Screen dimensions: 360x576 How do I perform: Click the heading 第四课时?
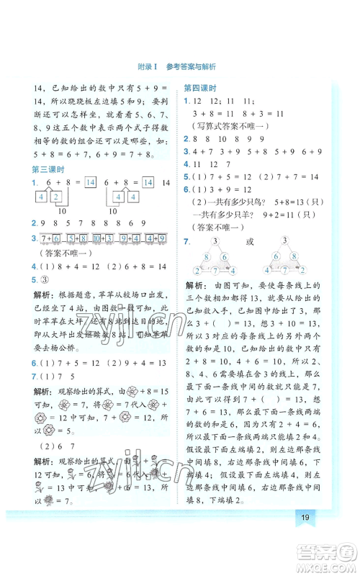202,88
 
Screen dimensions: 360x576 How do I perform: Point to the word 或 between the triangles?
251,242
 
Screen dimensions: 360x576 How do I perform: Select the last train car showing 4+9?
151,238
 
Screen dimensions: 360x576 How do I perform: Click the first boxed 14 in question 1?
90,184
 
